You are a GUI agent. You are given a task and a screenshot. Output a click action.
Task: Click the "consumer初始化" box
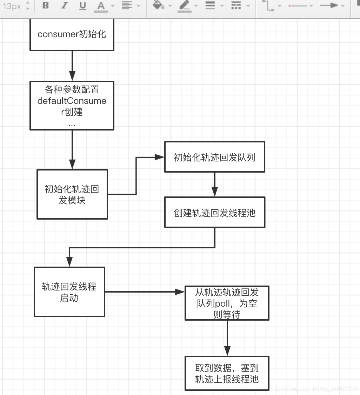[x=72, y=34]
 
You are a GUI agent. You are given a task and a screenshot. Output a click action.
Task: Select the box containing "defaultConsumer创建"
[x=72, y=105]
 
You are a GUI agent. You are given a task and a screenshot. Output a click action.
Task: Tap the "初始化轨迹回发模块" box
[x=72, y=194]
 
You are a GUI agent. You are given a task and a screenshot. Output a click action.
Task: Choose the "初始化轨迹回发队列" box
[x=214, y=157]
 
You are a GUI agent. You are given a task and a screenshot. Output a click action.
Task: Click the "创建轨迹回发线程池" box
[x=214, y=212]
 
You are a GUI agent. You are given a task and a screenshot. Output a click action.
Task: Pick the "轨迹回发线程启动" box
[x=69, y=292]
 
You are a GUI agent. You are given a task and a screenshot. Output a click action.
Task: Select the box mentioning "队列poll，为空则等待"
[x=227, y=303]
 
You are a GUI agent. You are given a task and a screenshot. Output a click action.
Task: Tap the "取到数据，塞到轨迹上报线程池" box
[x=227, y=373]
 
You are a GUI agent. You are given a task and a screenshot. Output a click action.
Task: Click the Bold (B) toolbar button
[x=46, y=6]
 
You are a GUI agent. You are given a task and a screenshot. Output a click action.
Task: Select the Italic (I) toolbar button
[x=64, y=6]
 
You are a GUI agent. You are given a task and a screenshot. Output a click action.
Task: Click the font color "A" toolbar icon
[x=101, y=6]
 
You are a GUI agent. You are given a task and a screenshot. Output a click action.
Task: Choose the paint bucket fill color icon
[x=159, y=6]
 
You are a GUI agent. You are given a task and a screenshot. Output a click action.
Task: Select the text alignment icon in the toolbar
[x=127, y=6]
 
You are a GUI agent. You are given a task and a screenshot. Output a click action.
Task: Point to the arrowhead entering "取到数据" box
[x=227, y=352]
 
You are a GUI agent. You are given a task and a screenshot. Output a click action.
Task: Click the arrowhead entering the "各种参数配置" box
[x=72, y=76]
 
